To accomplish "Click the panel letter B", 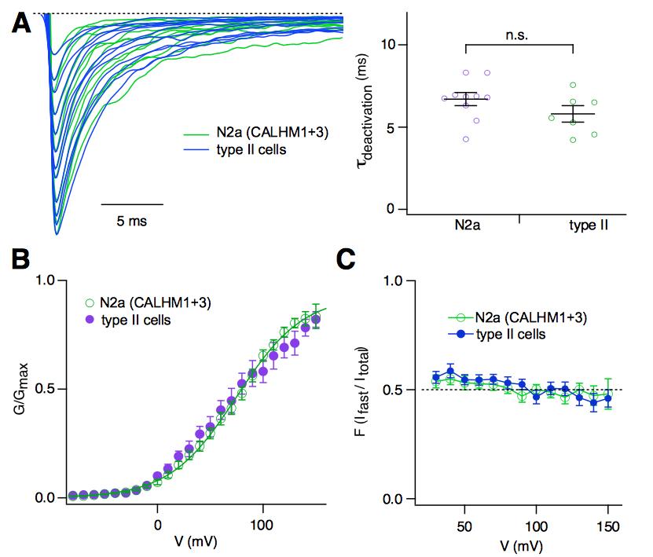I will click(21, 258).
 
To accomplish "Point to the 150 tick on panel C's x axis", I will click(607, 523).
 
